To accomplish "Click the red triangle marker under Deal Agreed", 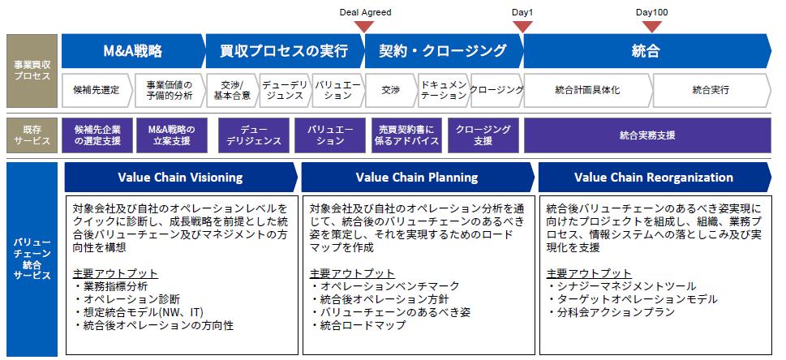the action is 364,27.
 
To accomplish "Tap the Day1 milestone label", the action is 522,12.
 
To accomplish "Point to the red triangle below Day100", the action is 651,27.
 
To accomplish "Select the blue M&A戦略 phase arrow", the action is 133,51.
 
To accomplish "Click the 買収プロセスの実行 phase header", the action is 285,51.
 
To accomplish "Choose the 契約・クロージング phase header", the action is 444,51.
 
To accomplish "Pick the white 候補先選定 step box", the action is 97,90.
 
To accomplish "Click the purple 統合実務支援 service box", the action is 647,135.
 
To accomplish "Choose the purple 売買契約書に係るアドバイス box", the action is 406,135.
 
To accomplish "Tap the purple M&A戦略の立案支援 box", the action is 171,135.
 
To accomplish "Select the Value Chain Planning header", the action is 418,177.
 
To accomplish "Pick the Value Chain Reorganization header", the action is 655,177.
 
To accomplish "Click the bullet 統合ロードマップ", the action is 358,325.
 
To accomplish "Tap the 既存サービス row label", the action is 32,135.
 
